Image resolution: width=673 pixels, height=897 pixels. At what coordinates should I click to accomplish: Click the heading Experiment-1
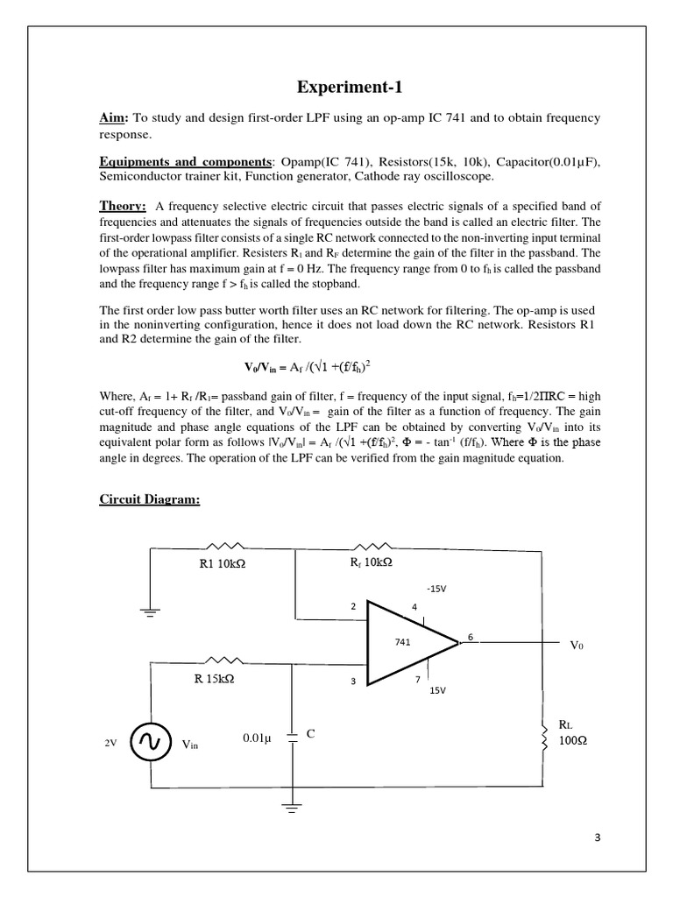pyautogui.click(x=336, y=88)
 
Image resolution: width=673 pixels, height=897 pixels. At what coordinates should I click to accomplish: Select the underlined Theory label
pyautogui.click(x=122, y=206)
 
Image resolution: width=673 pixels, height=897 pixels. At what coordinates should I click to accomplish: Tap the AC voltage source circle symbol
pyautogui.click(x=148, y=743)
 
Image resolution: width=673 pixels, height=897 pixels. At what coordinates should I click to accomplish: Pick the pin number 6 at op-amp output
pyautogui.click(x=471, y=637)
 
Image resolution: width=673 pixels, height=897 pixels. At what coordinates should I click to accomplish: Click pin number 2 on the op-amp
pyautogui.click(x=354, y=605)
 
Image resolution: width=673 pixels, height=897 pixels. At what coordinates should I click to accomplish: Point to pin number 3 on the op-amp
pyautogui.click(x=354, y=682)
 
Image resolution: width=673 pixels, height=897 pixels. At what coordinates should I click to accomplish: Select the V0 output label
pyautogui.click(x=576, y=645)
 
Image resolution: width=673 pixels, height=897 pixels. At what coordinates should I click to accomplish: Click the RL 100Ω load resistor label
pyautogui.click(x=571, y=733)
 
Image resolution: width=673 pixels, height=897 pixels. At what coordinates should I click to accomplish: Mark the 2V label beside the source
pyautogui.click(x=110, y=743)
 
